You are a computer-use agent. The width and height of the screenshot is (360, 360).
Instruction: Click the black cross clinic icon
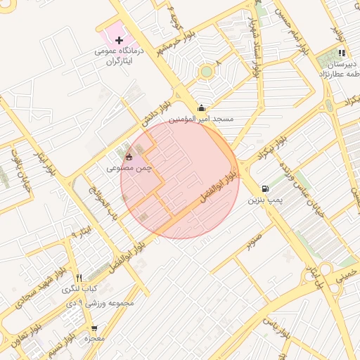click(x=119, y=41)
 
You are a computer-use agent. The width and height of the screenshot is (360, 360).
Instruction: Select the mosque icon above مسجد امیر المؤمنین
click(x=202, y=108)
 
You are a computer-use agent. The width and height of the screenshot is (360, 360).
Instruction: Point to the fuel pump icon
click(x=265, y=188)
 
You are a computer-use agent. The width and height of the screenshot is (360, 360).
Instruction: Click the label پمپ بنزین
click(x=265, y=201)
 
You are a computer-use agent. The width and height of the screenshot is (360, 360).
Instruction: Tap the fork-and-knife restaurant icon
click(x=79, y=278)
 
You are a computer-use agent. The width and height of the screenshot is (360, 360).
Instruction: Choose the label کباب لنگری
click(x=79, y=290)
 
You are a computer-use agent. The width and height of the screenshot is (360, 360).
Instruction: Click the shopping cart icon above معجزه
click(x=94, y=328)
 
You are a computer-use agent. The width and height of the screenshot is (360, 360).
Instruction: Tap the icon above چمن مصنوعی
click(x=128, y=157)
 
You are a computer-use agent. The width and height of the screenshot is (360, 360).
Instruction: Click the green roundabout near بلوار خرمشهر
click(x=206, y=71)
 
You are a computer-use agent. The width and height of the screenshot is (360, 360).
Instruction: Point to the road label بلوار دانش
click(x=156, y=112)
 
